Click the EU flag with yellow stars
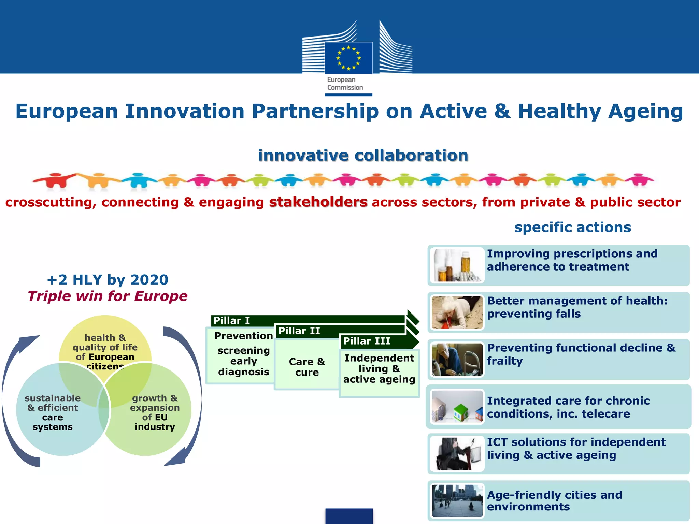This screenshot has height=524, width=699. click(348, 58)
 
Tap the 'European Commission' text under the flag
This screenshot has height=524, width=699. click(345, 84)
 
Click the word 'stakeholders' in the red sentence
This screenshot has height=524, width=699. click(318, 202)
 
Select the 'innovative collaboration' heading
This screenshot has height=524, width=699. click(363, 156)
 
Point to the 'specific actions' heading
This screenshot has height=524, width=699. click(572, 227)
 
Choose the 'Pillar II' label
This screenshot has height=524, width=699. click(299, 331)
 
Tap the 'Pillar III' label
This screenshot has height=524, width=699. click(367, 341)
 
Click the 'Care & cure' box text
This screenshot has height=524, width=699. click(307, 367)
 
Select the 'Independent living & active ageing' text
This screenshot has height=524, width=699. click(379, 369)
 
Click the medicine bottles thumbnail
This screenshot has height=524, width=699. click(457, 265)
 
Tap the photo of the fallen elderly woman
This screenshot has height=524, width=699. click(457, 312)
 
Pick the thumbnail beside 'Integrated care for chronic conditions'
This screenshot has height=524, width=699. click(457, 406)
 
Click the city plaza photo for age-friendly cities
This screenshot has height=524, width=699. click(457, 500)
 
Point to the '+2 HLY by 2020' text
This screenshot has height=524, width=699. click(108, 280)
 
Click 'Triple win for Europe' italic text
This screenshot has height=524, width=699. click(108, 296)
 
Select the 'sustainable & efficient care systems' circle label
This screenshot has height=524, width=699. click(53, 412)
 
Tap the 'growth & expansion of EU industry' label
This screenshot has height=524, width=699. click(155, 412)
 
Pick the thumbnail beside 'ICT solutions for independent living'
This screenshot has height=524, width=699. click(457, 453)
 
